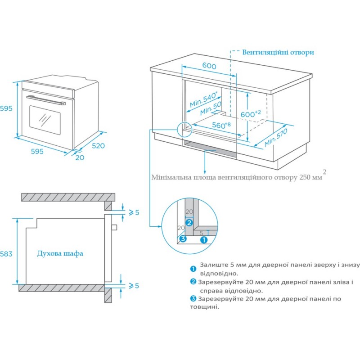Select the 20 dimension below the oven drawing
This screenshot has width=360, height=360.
[x=80, y=157]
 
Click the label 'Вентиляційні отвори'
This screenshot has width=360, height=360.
[x=278, y=52]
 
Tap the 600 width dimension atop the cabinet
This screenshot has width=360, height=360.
[x=209, y=66]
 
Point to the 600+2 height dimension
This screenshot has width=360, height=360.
[x=250, y=114]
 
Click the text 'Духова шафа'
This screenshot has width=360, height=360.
[x=60, y=253]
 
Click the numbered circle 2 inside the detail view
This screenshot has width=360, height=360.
[x=189, y=222]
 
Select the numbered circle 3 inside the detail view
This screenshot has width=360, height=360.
[x=182, y=238]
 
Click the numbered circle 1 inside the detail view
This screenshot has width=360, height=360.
[x=203, y=240]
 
